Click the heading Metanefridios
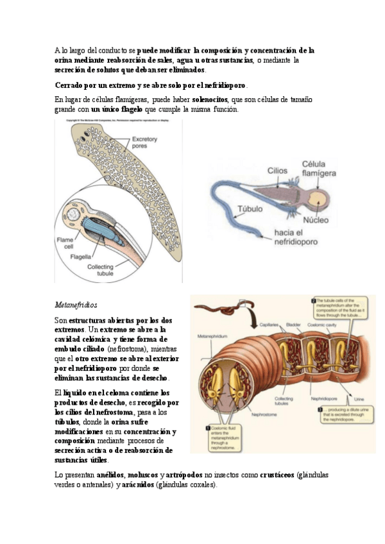[x=76, y=303]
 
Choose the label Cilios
[x=278, y=171]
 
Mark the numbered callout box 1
[x=209, y=427]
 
